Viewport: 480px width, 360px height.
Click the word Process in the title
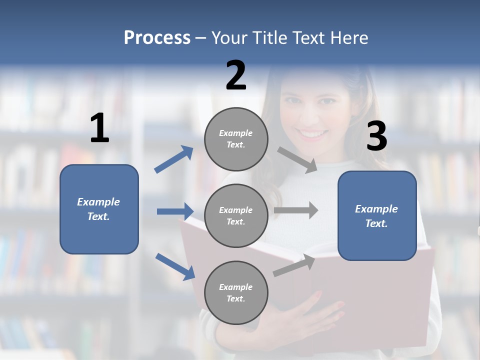point(157,38)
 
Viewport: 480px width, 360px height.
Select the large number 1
point(99,128)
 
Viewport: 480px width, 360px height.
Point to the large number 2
point(236,75)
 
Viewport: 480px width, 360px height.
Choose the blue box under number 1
point(99,209)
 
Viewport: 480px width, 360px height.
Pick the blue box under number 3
point(377,215)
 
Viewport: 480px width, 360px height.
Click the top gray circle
point(236,139)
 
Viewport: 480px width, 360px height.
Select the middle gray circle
point(236,215)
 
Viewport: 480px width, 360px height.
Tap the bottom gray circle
point(236,292)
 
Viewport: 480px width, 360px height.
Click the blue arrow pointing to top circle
point(174,159)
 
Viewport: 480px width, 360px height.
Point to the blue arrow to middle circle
point(175,211)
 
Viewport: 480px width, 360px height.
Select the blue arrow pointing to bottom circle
point(175,266)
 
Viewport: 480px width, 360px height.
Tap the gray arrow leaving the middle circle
point(296,210)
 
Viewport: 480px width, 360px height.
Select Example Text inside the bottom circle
point(236,292)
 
